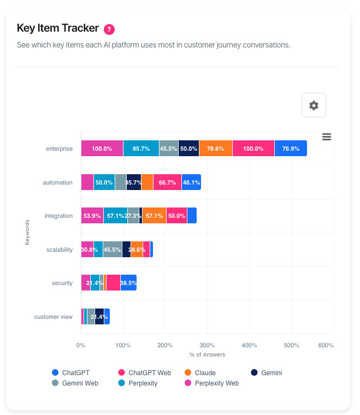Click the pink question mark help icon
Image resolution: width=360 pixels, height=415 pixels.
(x=109, y=29)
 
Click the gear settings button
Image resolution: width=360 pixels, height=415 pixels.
(x=314, y=105)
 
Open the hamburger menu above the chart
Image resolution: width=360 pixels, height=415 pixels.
(x=327, y=137)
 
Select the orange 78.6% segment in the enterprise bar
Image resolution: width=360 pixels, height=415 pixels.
(x=216, y=149)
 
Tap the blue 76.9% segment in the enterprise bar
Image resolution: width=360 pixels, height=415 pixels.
(x=290, y=149)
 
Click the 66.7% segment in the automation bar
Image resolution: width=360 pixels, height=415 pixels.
(x=167, y=182)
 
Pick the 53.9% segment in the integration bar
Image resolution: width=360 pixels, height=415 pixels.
(x=92, y=216)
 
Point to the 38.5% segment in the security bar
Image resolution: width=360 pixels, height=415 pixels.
(x=128, y=283)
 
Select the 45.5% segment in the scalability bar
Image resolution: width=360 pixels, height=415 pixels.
(x=113, y=250)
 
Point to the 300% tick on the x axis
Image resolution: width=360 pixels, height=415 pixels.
(x=207, y=345)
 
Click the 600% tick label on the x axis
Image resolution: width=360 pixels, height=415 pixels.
(x=326, y=345)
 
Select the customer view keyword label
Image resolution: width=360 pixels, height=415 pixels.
(x=53, y=317)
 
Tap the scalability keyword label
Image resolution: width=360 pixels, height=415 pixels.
(x=59, y=250)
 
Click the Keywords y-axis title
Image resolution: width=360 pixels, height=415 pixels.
(x=27, y=232)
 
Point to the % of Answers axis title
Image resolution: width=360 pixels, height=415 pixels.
(x=207, y=355)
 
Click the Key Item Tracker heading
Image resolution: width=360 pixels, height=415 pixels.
(x=58, y=28)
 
